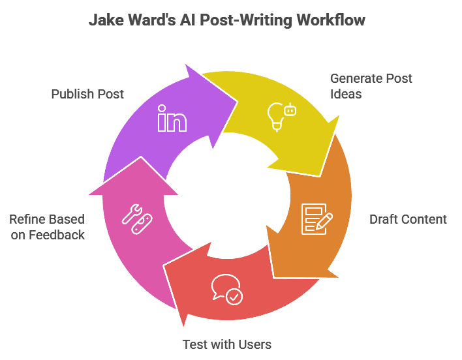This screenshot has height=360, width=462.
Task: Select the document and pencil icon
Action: tap(316, 218)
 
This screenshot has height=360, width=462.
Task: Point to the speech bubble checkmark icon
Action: tap(226, 289)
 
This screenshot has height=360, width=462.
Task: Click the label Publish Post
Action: tap(87, 94)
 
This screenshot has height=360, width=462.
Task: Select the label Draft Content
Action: tap(408, 219)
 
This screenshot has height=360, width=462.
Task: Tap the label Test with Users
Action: tap(226, 344)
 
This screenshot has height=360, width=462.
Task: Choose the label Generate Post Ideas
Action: tap(371, 86)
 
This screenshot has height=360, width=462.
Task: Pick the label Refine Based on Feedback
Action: tap(47, 227)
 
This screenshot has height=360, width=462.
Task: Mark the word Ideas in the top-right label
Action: tap(346, 95)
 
